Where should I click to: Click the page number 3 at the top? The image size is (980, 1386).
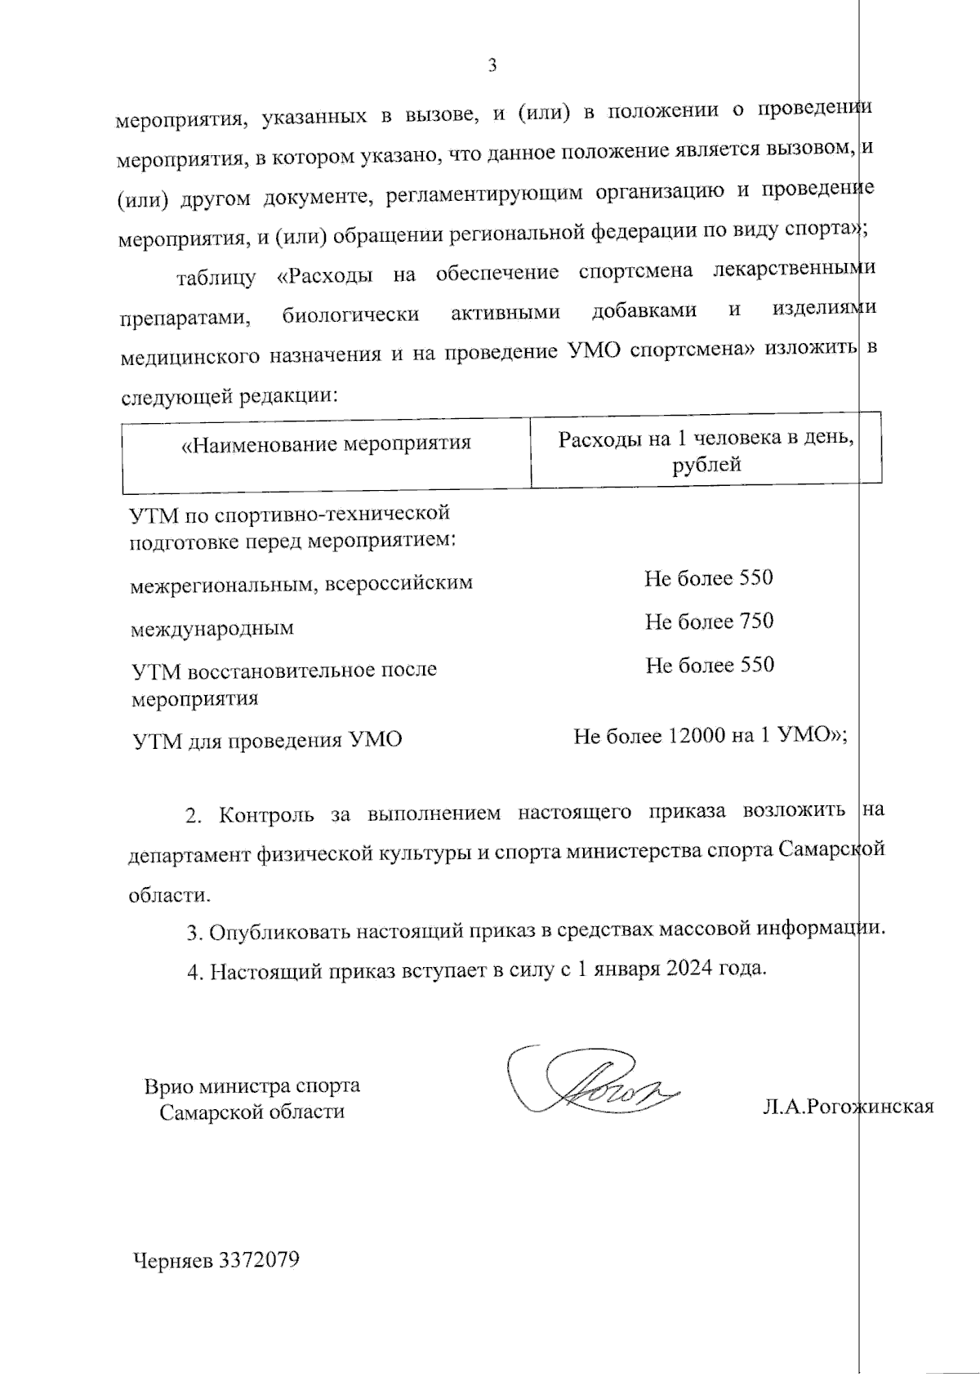(492, 65)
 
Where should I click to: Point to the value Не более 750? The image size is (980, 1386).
(709, 622)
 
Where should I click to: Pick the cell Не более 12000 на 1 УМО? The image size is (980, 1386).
(709, 736)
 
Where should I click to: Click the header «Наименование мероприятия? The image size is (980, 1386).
(326, 443)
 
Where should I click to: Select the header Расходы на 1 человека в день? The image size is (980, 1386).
(706, 439)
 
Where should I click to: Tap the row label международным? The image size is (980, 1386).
(212, 629)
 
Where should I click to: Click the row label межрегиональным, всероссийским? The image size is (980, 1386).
(301, 583)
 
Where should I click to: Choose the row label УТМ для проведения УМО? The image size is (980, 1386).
(267, 741)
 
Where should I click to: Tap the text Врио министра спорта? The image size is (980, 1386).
(252, 1086)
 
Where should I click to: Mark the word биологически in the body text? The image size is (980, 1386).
(350, 314)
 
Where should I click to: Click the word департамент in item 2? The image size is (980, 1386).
(189, 854)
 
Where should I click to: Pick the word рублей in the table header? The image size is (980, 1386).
(706, 466)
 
